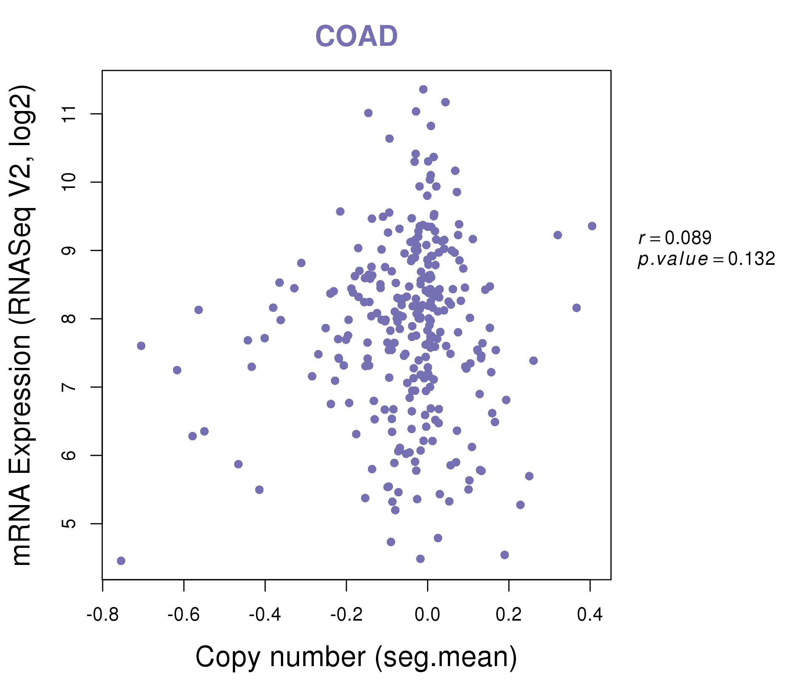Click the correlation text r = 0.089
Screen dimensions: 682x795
(x=675, y=238)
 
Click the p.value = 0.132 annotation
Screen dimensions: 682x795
(x=706, y=259)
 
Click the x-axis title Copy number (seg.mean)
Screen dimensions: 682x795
(x=356, y=657)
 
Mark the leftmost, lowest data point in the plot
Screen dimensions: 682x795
(x=121, y=561)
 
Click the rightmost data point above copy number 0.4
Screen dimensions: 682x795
(x=592, y=226)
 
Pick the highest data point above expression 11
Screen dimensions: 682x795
(x=423, y=89)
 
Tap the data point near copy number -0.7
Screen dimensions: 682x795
(x=141, y=346)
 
